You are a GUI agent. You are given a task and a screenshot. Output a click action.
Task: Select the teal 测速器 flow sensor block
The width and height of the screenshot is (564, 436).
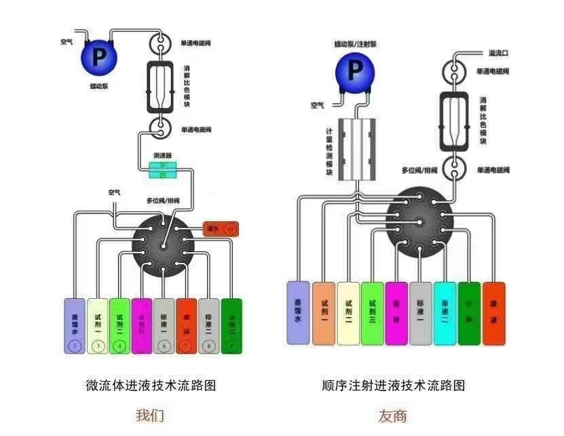pos(163,170)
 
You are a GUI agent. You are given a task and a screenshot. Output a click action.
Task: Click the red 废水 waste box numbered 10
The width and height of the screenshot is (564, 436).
pos(221,229)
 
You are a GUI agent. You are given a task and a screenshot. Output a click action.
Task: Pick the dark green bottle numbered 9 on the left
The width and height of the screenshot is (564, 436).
pos(231,325)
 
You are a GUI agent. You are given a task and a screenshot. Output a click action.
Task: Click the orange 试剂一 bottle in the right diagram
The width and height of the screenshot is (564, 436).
pos(324,312)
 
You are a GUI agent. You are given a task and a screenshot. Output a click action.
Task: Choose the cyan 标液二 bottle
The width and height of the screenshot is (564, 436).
pos(445,312)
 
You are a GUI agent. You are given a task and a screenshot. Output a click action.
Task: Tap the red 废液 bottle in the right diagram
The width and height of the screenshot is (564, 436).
pos(493,312)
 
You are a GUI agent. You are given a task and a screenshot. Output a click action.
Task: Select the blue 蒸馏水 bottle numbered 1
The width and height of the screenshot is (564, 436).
pos(75,325)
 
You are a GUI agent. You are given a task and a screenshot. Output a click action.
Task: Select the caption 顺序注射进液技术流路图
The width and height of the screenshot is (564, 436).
pos(394,386)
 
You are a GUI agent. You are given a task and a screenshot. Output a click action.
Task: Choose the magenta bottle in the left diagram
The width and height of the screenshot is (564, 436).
pos(142,325)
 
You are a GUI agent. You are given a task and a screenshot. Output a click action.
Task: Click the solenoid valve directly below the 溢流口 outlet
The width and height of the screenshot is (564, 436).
pos(455,70)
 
